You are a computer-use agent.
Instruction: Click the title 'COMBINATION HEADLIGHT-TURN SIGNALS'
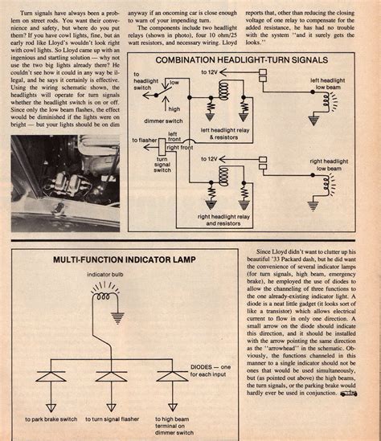coord(251,61)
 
